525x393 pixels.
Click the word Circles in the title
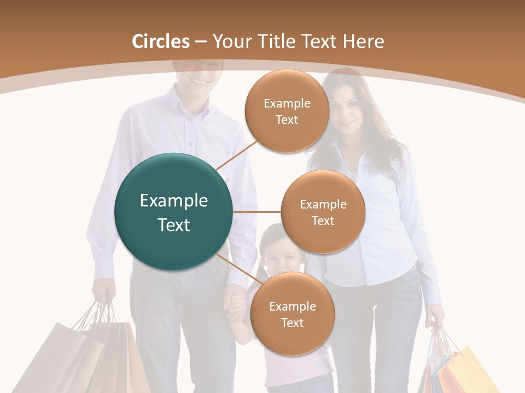(x=161, y=41)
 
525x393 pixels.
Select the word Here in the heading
(x=363, y=41)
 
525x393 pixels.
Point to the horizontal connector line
(x=256, y=212)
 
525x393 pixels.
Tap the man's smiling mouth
(x=200, y=80)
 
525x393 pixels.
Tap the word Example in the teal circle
(x=174, y=201)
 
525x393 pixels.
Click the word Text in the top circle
(x=287, y=120)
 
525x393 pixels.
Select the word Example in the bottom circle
(x=292, y=307)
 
